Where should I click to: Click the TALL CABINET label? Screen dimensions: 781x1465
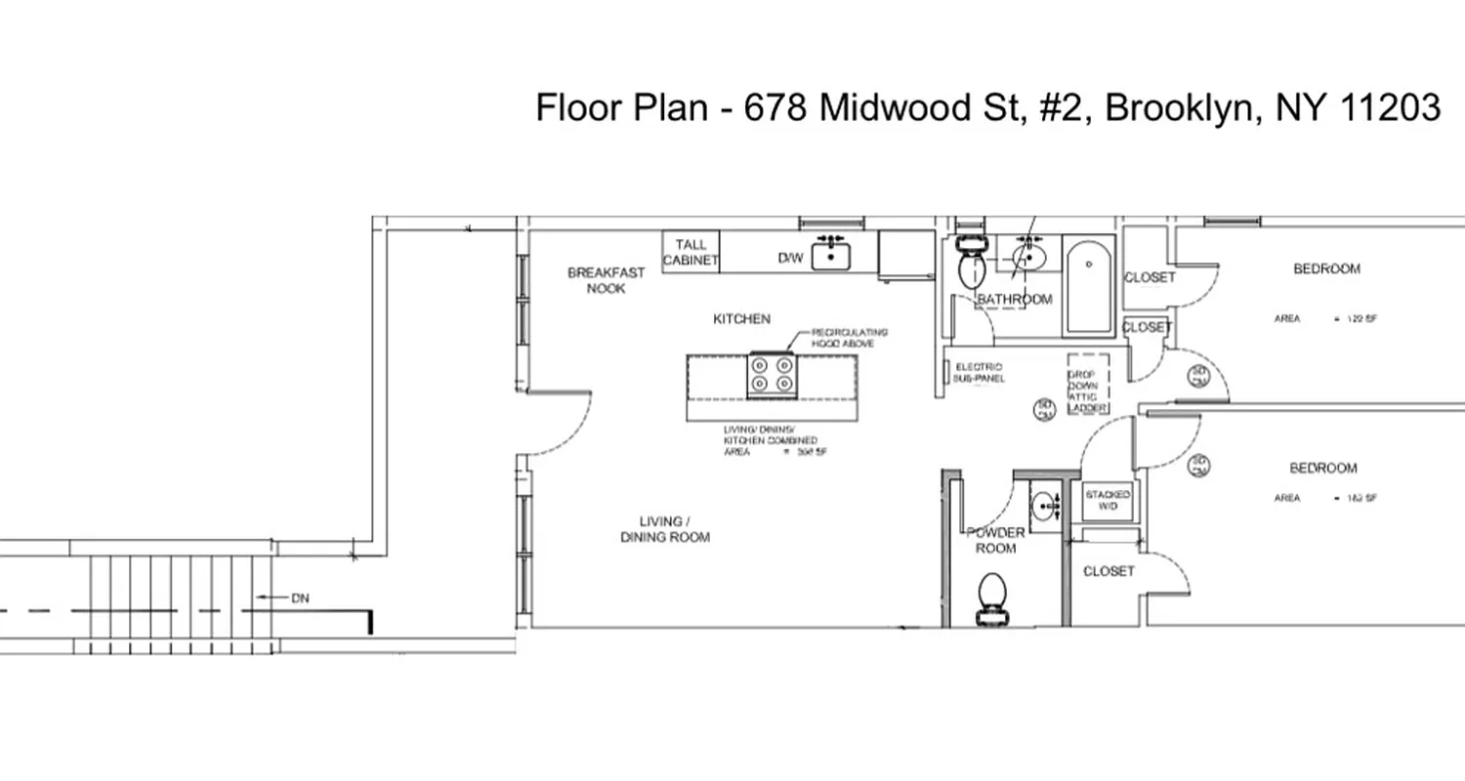tap(691, 253)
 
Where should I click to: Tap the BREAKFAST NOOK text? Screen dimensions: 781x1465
tap(606, 280)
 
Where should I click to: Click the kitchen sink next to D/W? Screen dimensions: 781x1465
tap(830, 256)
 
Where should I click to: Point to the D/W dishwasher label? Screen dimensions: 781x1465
tap(789, 259)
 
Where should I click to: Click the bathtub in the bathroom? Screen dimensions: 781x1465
tap(1087, 286)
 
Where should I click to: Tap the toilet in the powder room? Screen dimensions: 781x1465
tap(992, 596)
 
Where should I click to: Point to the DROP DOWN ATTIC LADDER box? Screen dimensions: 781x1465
tap(1087, 384)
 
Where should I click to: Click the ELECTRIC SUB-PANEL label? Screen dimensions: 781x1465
tap(979, 372)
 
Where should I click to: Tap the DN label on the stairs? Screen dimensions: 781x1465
tap(299, 597)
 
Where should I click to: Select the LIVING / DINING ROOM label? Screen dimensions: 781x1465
tap(664, 529)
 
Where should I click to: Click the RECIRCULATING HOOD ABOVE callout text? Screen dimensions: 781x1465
tap(849, 338)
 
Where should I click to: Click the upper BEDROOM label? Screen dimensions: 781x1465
tap(1326, 268)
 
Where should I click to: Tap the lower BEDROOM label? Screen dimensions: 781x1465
tap(1322, 469)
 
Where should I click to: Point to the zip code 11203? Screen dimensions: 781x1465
tap(1390, 107)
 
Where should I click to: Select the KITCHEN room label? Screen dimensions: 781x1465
tap(741, 318)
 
